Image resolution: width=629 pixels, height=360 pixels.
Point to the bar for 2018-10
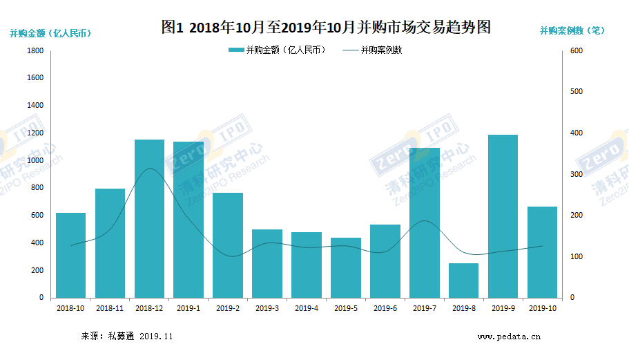(x=70, y=255)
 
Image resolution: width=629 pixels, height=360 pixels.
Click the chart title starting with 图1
(x=325, y=28)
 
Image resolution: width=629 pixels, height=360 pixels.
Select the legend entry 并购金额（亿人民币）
(x=277, y=50)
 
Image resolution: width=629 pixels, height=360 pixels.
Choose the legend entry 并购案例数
(x=372, y=50)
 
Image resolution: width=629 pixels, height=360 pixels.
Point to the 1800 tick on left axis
(x=35, y=51)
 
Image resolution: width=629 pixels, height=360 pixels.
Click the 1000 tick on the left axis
(x=35, y=160)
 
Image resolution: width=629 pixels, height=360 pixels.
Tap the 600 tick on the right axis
(x=576, y=51)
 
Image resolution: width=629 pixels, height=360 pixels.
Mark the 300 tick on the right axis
(x=576, y=174)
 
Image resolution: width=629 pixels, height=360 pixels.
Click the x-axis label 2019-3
(x=267, y=308)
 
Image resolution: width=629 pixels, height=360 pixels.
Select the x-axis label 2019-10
(x=542, y=308)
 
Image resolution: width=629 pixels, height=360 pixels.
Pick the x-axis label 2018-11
(x=110, y=308)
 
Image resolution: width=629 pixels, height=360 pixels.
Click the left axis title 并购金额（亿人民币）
(x=50, y=32)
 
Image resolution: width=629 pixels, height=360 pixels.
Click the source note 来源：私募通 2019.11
(x=127, y=337)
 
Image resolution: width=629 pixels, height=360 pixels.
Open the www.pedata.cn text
(x=509, y=337)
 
